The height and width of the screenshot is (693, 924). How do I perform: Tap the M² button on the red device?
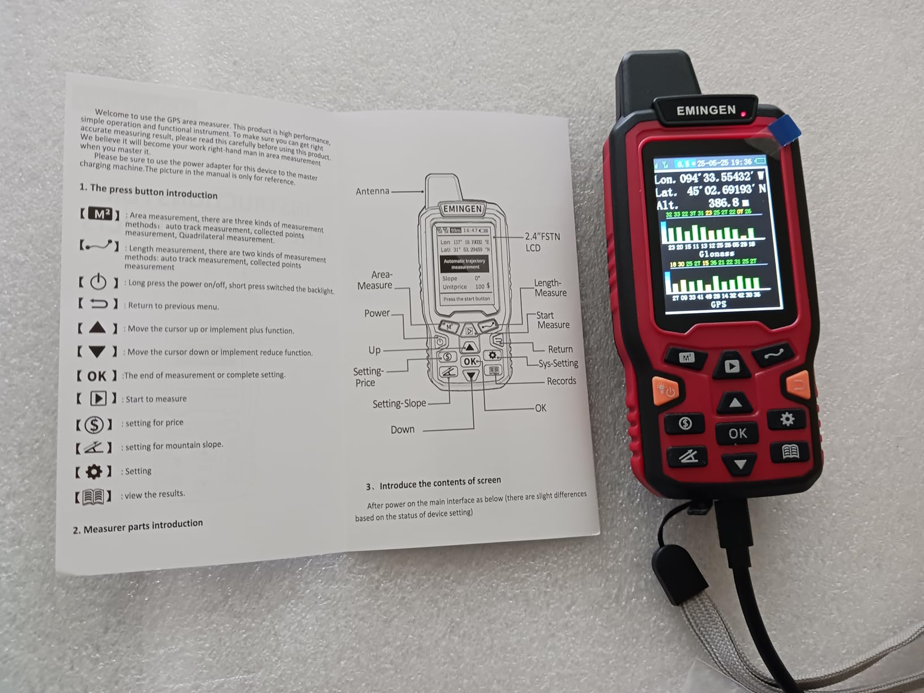(x=687, y=358)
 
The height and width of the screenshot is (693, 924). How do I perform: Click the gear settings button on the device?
(x=787, y=419)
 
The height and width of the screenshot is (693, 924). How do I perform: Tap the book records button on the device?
(x=790, y=451)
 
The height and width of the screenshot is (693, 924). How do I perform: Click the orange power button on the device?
(x=665, y=390)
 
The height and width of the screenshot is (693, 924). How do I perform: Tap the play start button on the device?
(x=731, y=366)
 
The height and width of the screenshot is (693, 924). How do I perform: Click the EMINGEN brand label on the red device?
(x=706, y=110)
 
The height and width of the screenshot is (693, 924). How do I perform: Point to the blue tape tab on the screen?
(x=785, y=130)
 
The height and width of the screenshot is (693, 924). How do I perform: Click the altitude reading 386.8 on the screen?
(x=723, y=203)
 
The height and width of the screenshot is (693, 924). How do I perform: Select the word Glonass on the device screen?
(x=716, y=254)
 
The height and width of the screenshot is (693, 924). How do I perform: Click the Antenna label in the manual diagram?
(x=372, y=191)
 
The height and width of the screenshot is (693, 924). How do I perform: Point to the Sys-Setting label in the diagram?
(x=558, y=363)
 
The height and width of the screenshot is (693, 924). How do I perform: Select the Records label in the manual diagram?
(x=561, y=381)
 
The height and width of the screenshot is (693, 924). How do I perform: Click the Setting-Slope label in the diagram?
(x=399, y=404)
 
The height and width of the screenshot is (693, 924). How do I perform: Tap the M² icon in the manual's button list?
(x=100, y=214)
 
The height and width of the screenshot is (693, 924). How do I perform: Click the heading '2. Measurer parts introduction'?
(x=138, y=526)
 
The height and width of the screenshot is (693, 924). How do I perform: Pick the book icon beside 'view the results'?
(x=93, y=497)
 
